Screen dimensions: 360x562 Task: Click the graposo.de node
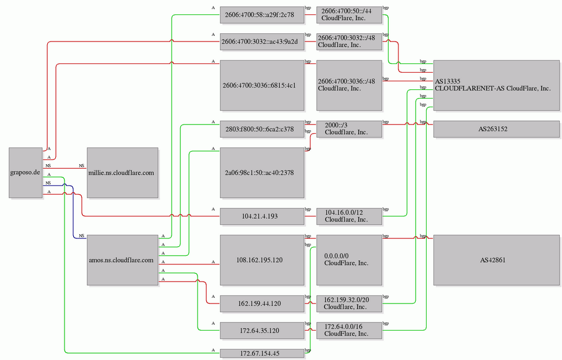click(26, 173)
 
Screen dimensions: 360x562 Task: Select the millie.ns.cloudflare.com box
click(122, 173)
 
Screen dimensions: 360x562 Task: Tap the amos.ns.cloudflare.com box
click(122, 260)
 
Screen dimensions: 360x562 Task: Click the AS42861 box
click(496, 260)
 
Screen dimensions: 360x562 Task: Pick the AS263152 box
click(496, 129)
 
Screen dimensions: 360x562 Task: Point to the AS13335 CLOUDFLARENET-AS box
click(496, 85)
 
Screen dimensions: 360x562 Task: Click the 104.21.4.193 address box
click(261, 216)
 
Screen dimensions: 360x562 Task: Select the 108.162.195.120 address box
click(261, 260)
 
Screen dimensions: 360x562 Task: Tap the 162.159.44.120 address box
click(261, 303)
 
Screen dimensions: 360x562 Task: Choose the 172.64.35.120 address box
click(261, 330)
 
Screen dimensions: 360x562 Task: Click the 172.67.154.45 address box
click(261, 353)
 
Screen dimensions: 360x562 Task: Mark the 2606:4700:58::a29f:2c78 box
click(261, 15)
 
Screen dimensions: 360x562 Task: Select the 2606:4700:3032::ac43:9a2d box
click(261, 41)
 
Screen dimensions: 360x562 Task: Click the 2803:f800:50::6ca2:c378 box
click(261, 129)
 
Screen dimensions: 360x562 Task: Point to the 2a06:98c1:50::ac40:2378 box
click(261, 173)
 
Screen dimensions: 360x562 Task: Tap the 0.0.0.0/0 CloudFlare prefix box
click(349, 260)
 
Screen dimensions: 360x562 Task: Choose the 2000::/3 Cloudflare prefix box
click(349, 129)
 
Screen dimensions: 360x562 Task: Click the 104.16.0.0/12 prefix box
click(349, 216)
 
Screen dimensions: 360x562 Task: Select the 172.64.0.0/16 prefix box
click(349, 330)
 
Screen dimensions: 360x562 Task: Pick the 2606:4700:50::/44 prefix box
click(349, 15)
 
